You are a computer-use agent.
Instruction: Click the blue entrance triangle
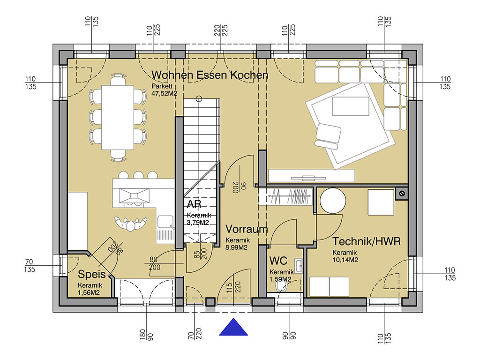(x=233, y=328)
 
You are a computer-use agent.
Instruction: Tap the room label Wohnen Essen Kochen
(x=210, y=75)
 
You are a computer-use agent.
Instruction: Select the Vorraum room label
(x=247, y=229)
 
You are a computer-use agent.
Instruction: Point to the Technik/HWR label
(x=367, y=241)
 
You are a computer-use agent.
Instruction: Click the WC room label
(x=278, y=261)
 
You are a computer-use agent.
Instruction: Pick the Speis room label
(x=91, y=275)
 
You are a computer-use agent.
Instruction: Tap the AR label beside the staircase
(x=194, y=204)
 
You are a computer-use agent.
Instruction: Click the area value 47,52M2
(x=165, y=94)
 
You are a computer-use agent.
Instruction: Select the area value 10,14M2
(x=345, y=260)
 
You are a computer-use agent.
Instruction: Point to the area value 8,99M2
(x=236, y=247)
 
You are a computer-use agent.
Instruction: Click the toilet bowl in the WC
(x=281, y=286)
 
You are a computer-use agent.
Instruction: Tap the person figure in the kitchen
(x=131, y=224)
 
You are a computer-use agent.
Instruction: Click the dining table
(x=118, y=118)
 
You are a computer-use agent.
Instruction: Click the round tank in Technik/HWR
(x=333, y=201)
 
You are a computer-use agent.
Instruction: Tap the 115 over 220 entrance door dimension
(x=233, y=287)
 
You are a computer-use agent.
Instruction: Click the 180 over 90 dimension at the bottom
(x=146, y=335)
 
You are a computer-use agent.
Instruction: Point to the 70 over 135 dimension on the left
(x=30, y=266)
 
